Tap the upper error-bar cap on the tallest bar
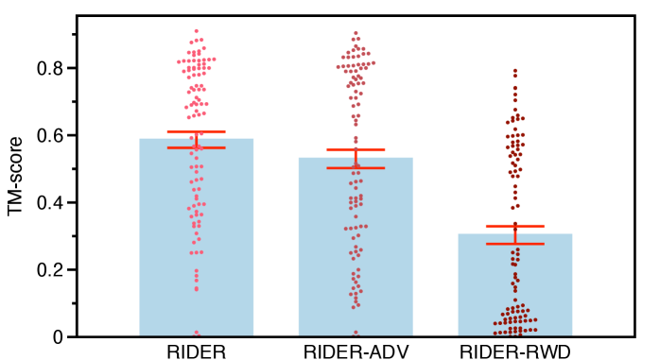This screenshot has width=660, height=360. click(x=196, y=132)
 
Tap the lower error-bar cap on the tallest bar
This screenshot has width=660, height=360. click(x=196, y=147)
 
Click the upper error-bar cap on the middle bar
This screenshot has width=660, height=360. click(x=356, y=150)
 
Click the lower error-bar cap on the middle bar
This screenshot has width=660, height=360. click(x=356, y=168)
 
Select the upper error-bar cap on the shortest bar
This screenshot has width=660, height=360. click(x=515, y=226)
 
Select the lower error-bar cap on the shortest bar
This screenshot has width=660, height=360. click(x=515, y=244)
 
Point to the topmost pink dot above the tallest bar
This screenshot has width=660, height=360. click(x=197, y=31)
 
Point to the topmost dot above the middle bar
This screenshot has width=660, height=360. click(x=356, y=33)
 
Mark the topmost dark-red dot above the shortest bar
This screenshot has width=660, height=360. click(x=515, y=70)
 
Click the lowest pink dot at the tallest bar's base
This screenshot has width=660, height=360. click(x=197, y=333)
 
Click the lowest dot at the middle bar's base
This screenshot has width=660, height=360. click(x=356, y=333)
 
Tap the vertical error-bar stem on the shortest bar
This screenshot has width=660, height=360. click(x=515, y=235)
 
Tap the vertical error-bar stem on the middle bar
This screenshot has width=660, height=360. click(x=356, y=160)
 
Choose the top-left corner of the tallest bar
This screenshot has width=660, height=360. click(x=140, y=139)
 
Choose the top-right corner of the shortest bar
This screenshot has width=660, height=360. click(x=572, y=234)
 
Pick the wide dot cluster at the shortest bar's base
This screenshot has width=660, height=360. click(x=515, y=321)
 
